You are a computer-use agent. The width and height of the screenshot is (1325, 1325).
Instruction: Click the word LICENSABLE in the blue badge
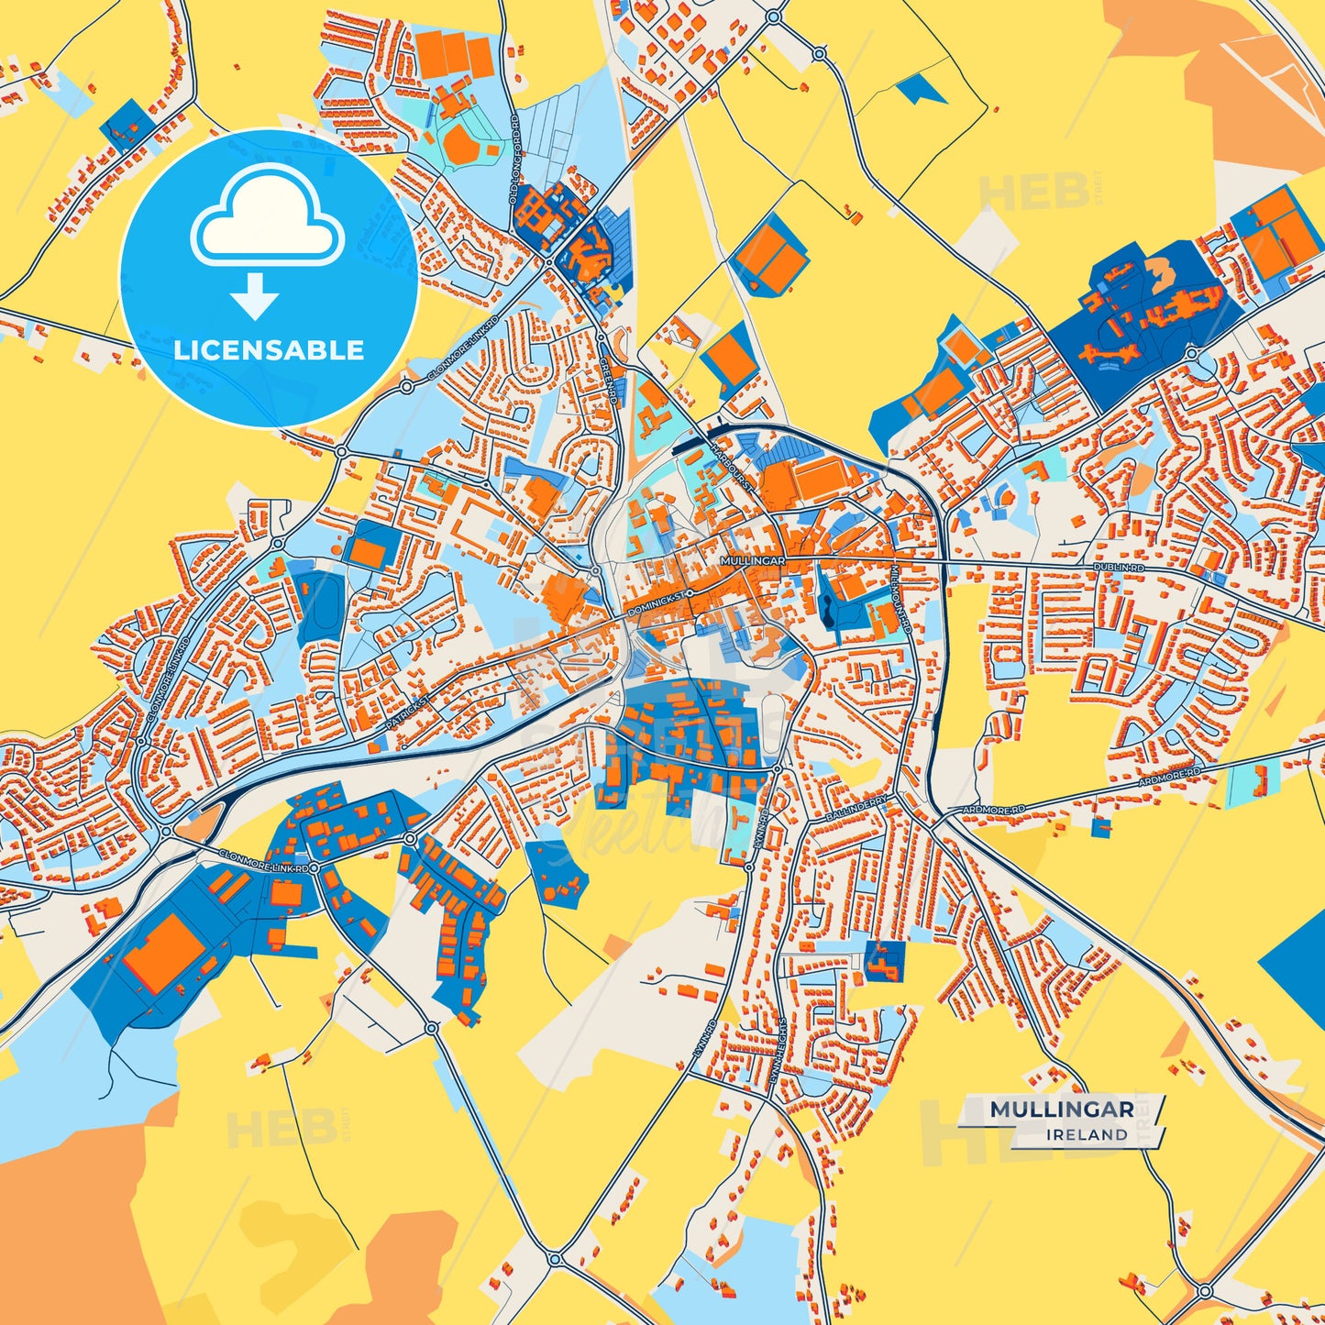click(x=269, y=349)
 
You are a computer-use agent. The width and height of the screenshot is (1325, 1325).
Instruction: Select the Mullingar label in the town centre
click(x=753, y=559)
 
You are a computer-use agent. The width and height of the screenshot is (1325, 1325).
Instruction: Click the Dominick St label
click(x=658, y=603)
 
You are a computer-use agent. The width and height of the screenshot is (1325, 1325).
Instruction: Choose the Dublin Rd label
click(x=1119, y=569)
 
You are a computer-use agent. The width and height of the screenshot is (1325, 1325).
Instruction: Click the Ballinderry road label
click(x=856, y=807)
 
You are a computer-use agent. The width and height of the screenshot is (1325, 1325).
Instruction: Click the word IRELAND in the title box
click(x=1088, y=1134)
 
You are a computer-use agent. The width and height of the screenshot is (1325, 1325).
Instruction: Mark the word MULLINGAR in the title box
click(x=1061, y=1110)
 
